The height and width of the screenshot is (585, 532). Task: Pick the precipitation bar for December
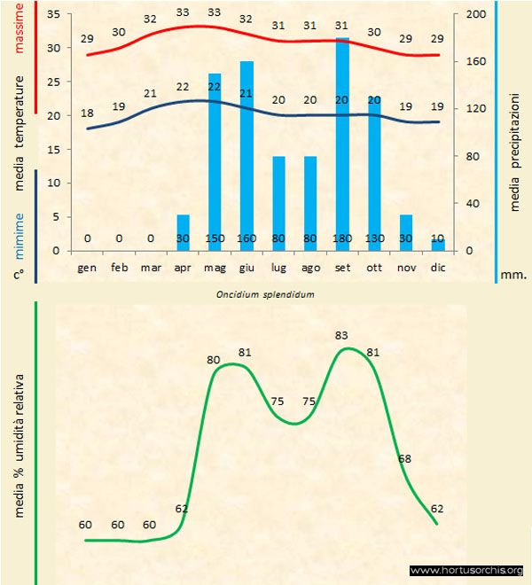pyautogui.click(x=437, y=245)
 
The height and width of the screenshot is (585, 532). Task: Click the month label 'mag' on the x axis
pyautogui.click(x=215, y=267)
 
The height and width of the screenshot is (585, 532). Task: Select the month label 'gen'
pyautogui.click(x=87, y=267)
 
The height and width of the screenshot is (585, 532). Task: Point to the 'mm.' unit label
pyautogui.click(x=514, y=275)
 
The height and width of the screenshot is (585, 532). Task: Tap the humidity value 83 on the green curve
pyautogui.click(x=342, y=335)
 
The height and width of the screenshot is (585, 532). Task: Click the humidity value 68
pyautogui.click(x=404, y=459)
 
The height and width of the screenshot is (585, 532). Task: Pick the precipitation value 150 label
pyautogui.click(x=215, y=238)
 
